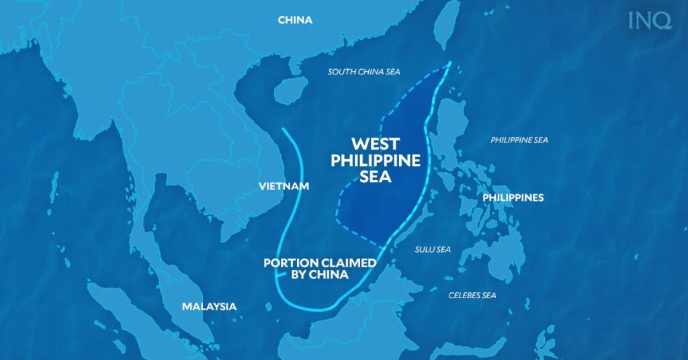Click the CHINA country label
pyautogui.click(x=295, y=20)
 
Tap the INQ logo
pyautogui.click(x=650, y=21)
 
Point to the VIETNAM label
pyautogui.click(x=284, y=185)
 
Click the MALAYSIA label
pyautogui.click(x=209, y=306)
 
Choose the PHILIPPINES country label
pyautogui.click(x=513, y=197)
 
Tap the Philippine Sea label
pyautogui.click(x=519, y=140)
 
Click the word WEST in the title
pyautogui.click(x=376, y=144)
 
